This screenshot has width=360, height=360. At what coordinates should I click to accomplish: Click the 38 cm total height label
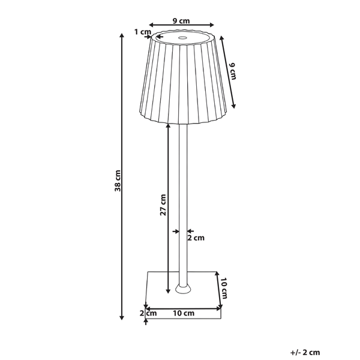point(118,181)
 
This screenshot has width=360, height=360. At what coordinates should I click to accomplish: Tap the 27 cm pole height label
point(163,205)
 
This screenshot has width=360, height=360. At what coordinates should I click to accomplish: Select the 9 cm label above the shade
point(181,21)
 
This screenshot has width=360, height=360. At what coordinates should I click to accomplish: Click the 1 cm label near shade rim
point(143,32)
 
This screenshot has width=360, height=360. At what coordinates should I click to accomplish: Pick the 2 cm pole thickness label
point(196,238)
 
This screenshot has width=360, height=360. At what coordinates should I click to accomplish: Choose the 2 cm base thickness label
point(148,313)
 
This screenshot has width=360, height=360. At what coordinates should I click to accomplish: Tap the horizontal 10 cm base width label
point(184,313)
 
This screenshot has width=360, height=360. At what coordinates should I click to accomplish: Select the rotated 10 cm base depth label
point(224,288)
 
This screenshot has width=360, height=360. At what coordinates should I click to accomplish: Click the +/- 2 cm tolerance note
point(305,352)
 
